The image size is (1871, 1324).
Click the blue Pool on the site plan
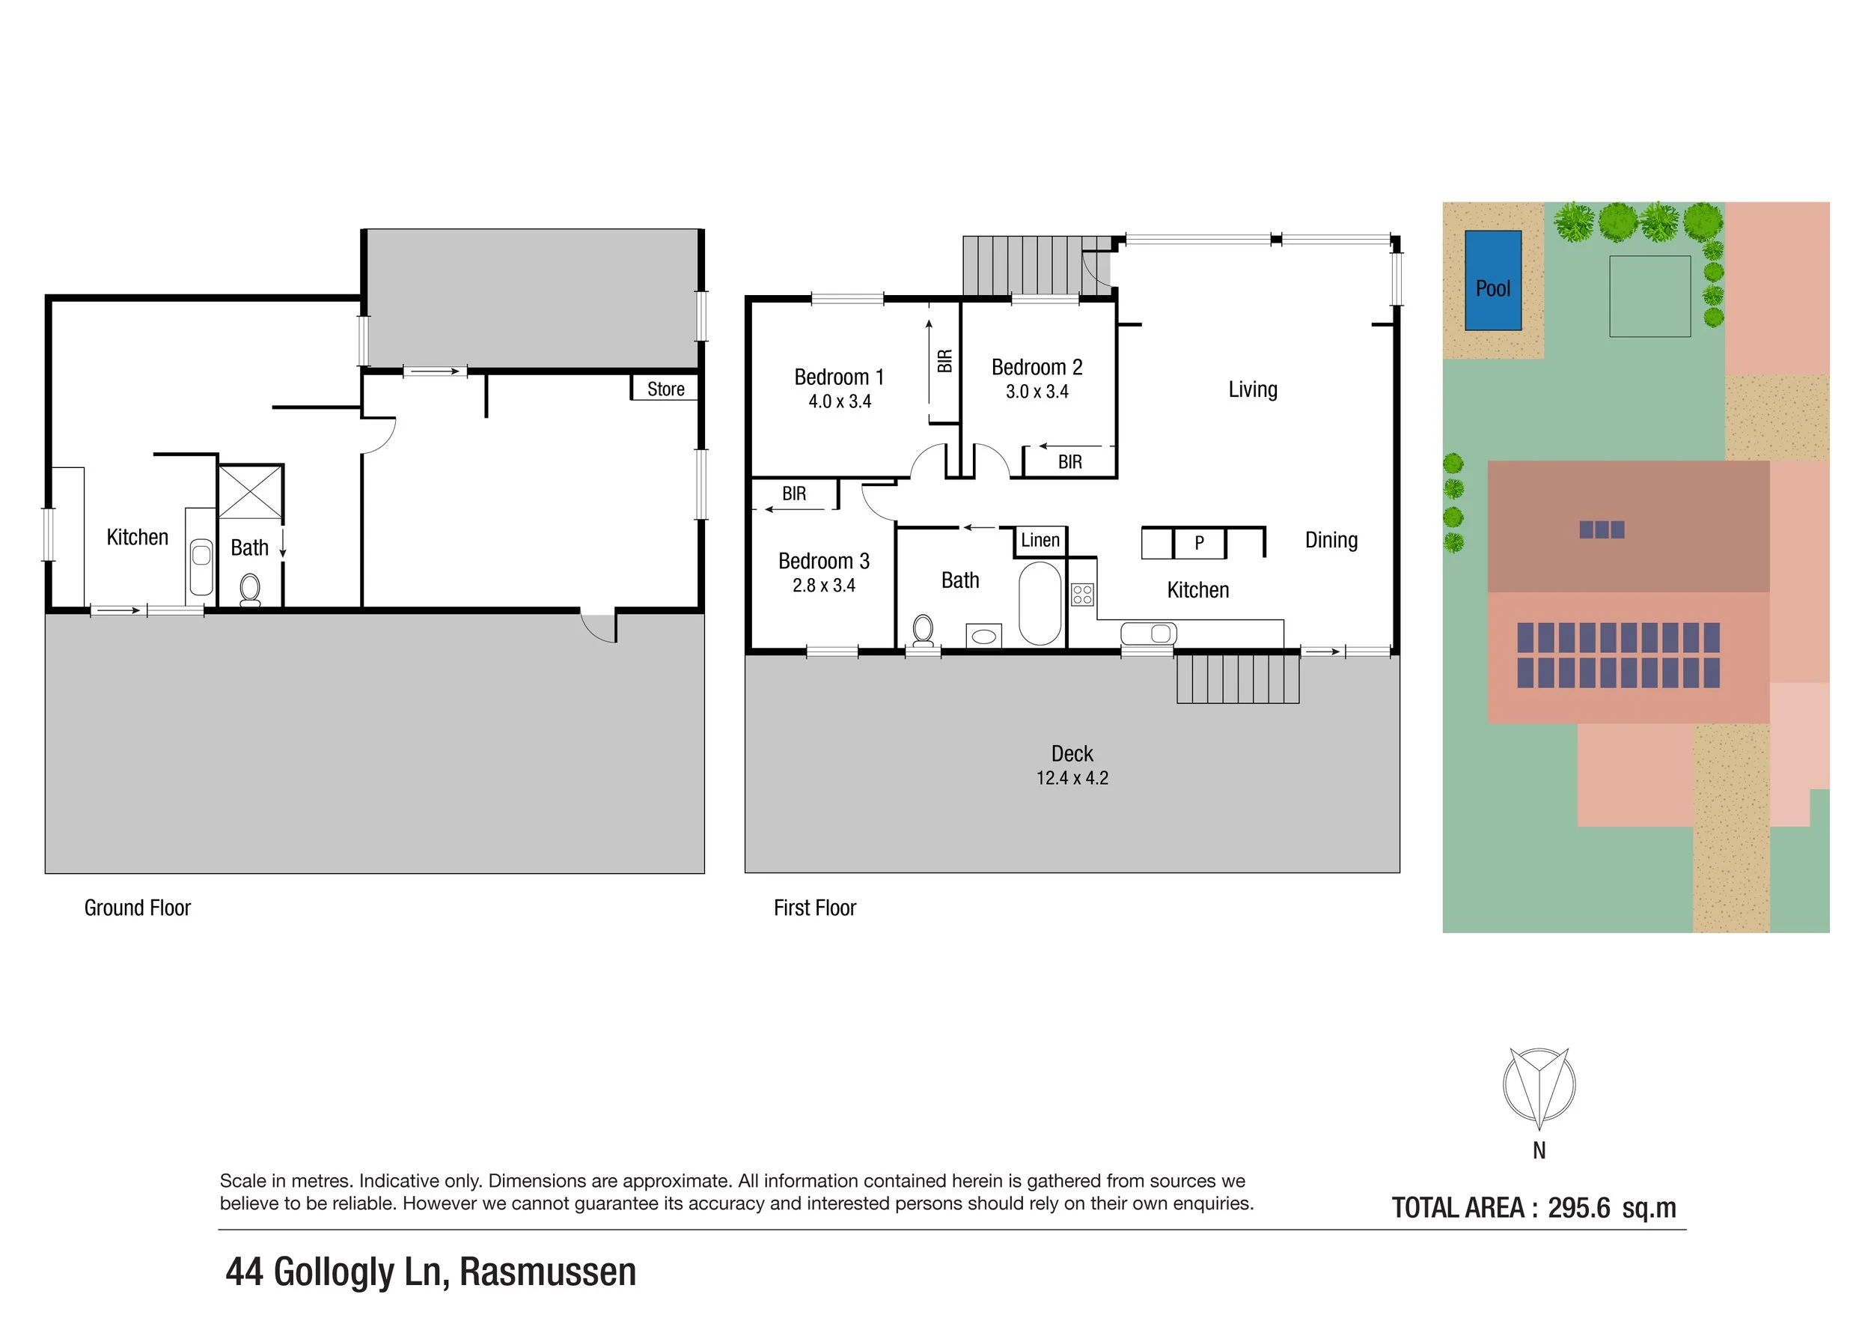(x=1493, y=281)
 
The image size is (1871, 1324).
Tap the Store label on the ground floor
(x=666, y=389)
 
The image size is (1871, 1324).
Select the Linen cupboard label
(x=1040, y=540)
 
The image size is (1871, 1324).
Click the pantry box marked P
(x=1199, y=543)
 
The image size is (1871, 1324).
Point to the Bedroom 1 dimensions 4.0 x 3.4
(x=840, y=401)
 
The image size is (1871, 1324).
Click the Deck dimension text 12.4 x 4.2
(x=1072, y=778)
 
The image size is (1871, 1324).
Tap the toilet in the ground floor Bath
(x=250, y=589)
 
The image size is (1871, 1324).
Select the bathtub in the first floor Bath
(x=1040, y=603)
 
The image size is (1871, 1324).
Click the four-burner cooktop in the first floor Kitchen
(x=1082, y=594)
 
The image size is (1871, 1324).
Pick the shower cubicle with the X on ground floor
(x=250, y=491)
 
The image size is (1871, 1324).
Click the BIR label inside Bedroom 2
(x=1069, y=462)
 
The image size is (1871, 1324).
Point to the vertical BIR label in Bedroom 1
(x=944, y=360)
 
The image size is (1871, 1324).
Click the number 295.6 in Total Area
(x=1578, y=1207)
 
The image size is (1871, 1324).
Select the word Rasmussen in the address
(x=548, y=1272)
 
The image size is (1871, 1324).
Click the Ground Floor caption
(x=137, y=908)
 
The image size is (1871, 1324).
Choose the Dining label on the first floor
(x=1331, y=540)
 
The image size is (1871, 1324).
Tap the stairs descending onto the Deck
(x=1237, y=678)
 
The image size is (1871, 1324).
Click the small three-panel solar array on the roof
(x=1602, y=530)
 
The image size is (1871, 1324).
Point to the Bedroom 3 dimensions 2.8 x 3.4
(x=823, y=586)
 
